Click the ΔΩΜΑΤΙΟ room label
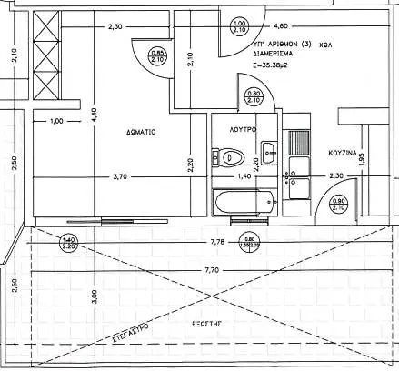coord(140,131)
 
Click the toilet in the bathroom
coord(227,157)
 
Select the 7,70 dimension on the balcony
coord(213,270)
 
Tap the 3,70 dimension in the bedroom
coord(117,178)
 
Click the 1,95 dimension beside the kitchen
coord(362,160)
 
